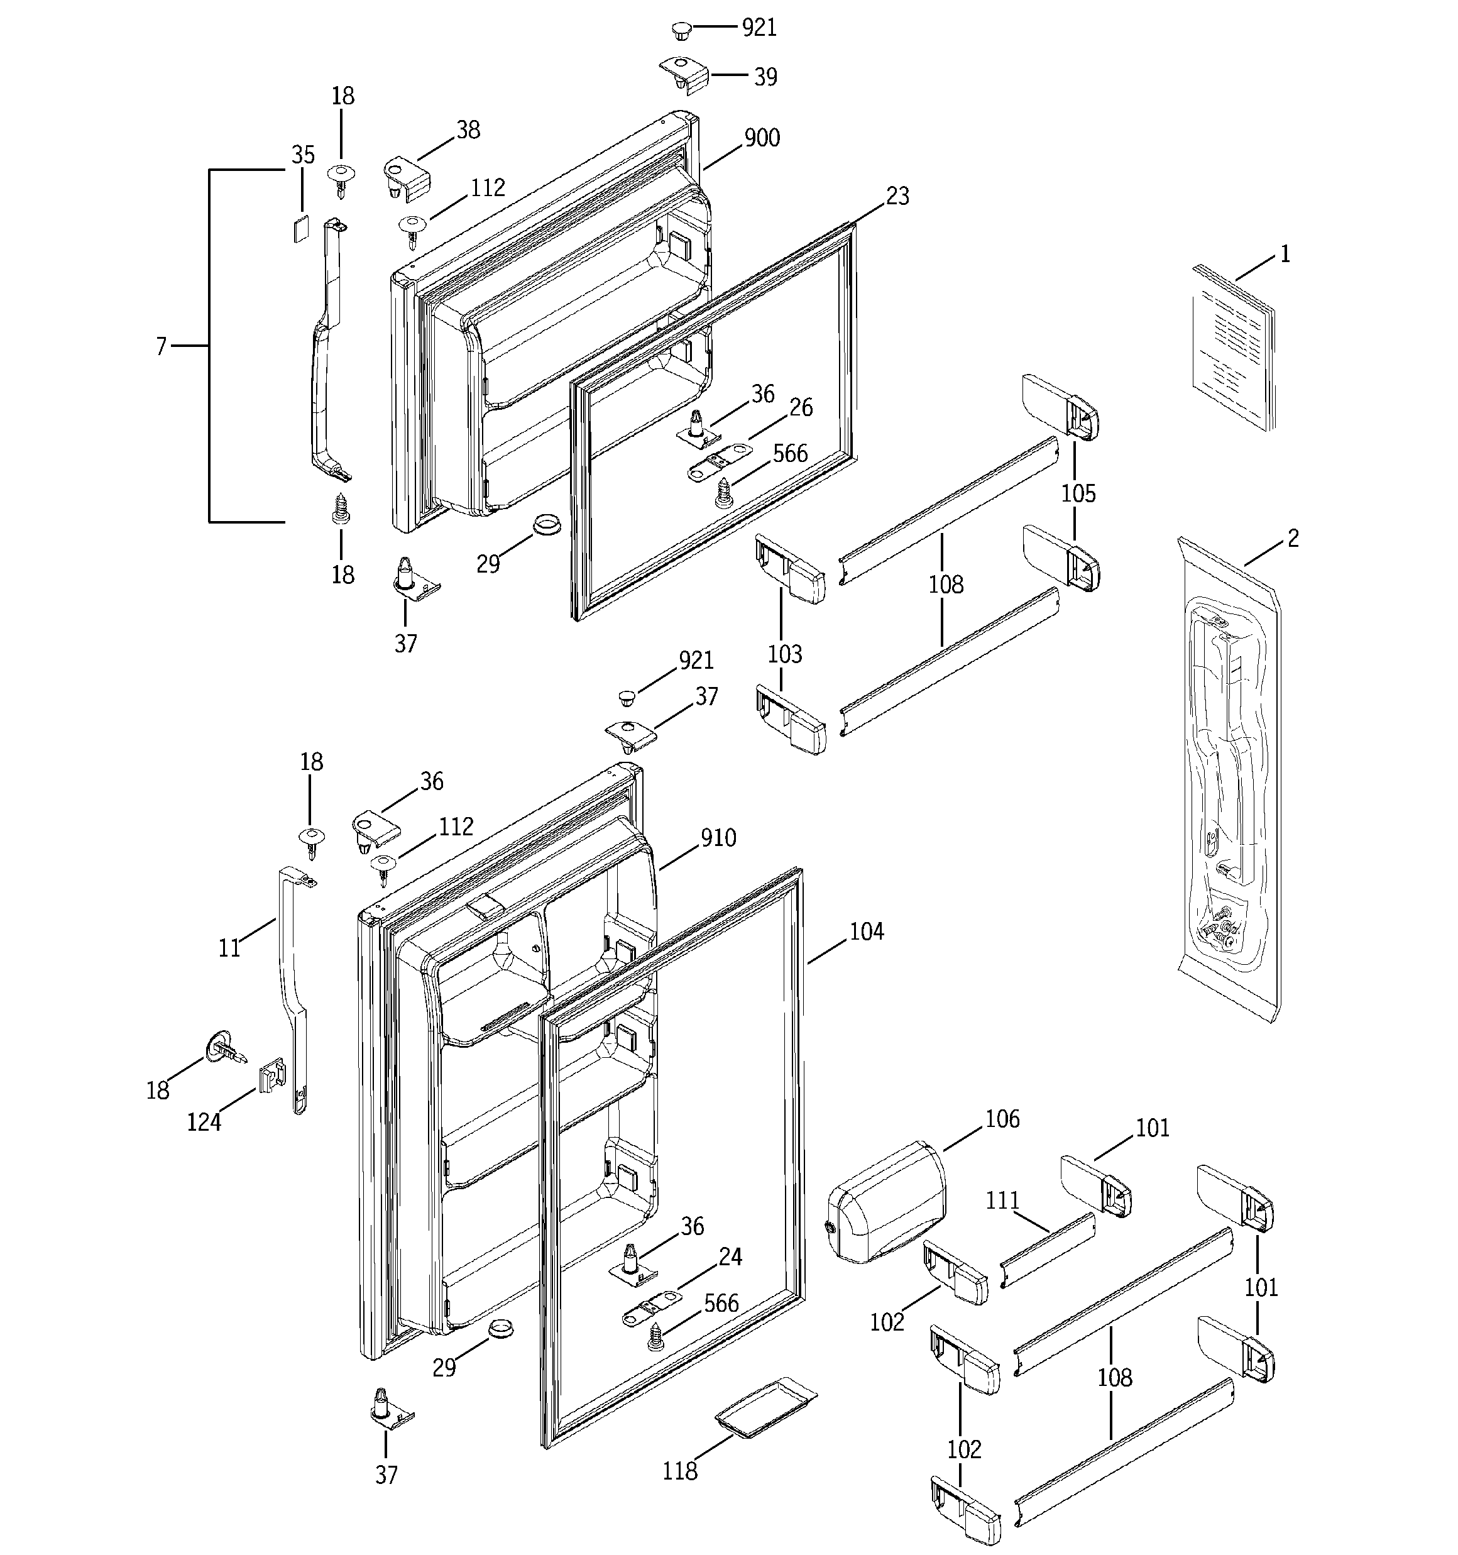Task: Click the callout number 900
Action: (761, 138)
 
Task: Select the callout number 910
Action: (718, 838)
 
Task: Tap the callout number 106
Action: (1002, 1119)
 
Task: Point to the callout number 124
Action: (204, 1123)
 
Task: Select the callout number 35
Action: (303, 155)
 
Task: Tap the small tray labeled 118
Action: (764, 1408)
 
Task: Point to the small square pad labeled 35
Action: (301, 229)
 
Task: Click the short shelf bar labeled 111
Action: (1048, 1251)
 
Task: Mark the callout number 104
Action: (866, 931)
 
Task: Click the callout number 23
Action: (897, 196)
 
